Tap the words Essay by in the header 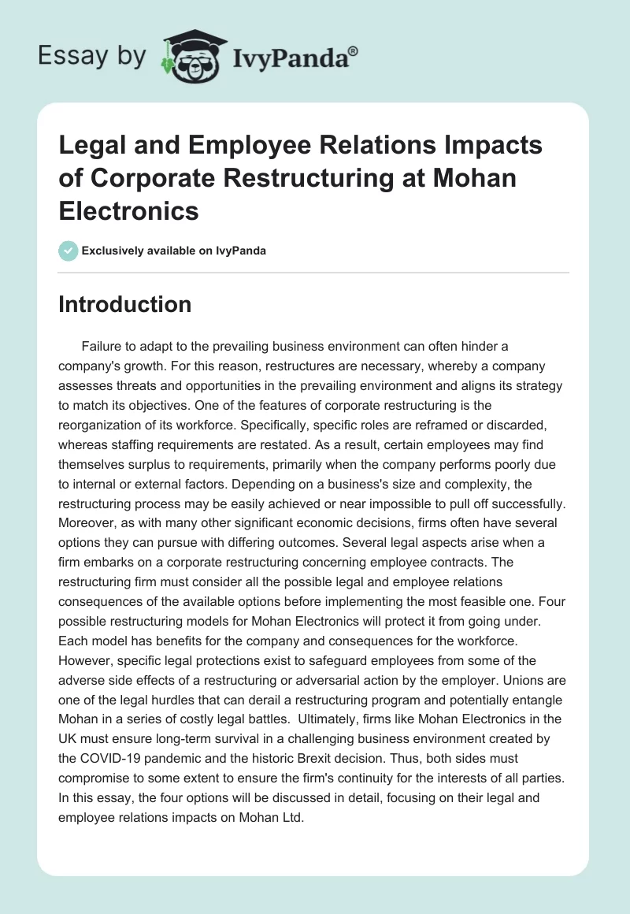point(91,56)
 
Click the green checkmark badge point(69,251)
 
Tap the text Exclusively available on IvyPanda point(172,251)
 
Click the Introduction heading point(124,304)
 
